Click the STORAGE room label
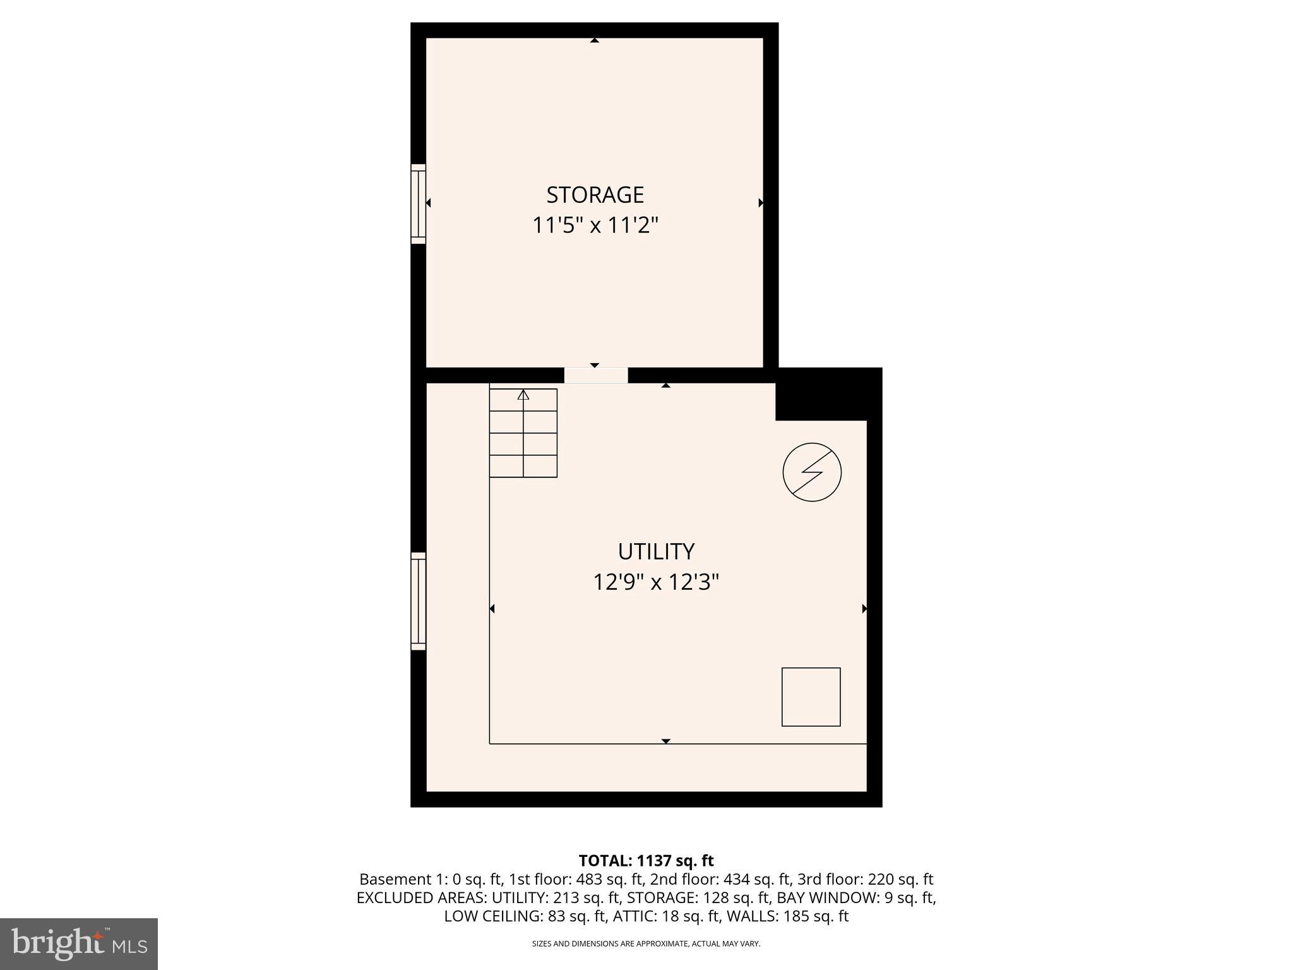click(595, 195)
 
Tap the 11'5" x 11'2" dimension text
click(595, 225)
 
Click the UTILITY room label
click(656, 552)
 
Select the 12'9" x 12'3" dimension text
click(656, 582)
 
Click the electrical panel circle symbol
click(812, 472)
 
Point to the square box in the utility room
click(811, 697)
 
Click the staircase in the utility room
click(523, 433)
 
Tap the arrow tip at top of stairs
click(523, 395)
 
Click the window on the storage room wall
click(418, 203)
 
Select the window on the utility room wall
click(418, 601)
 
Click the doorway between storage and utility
click(595, 375)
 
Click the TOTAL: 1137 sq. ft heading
click(646, 861)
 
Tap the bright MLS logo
click(79, 943)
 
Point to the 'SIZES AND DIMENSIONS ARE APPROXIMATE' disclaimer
click(646, 943)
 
